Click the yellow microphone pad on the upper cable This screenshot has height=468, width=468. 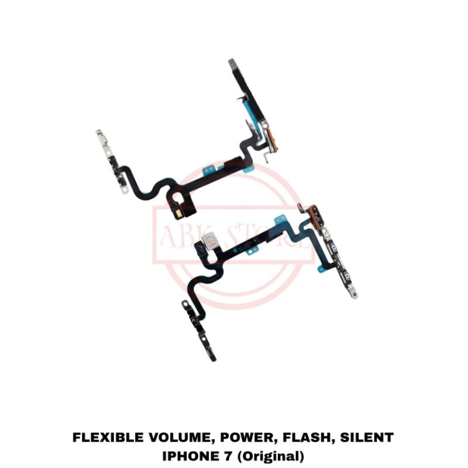pyautogui.click(x=175, y=214)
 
